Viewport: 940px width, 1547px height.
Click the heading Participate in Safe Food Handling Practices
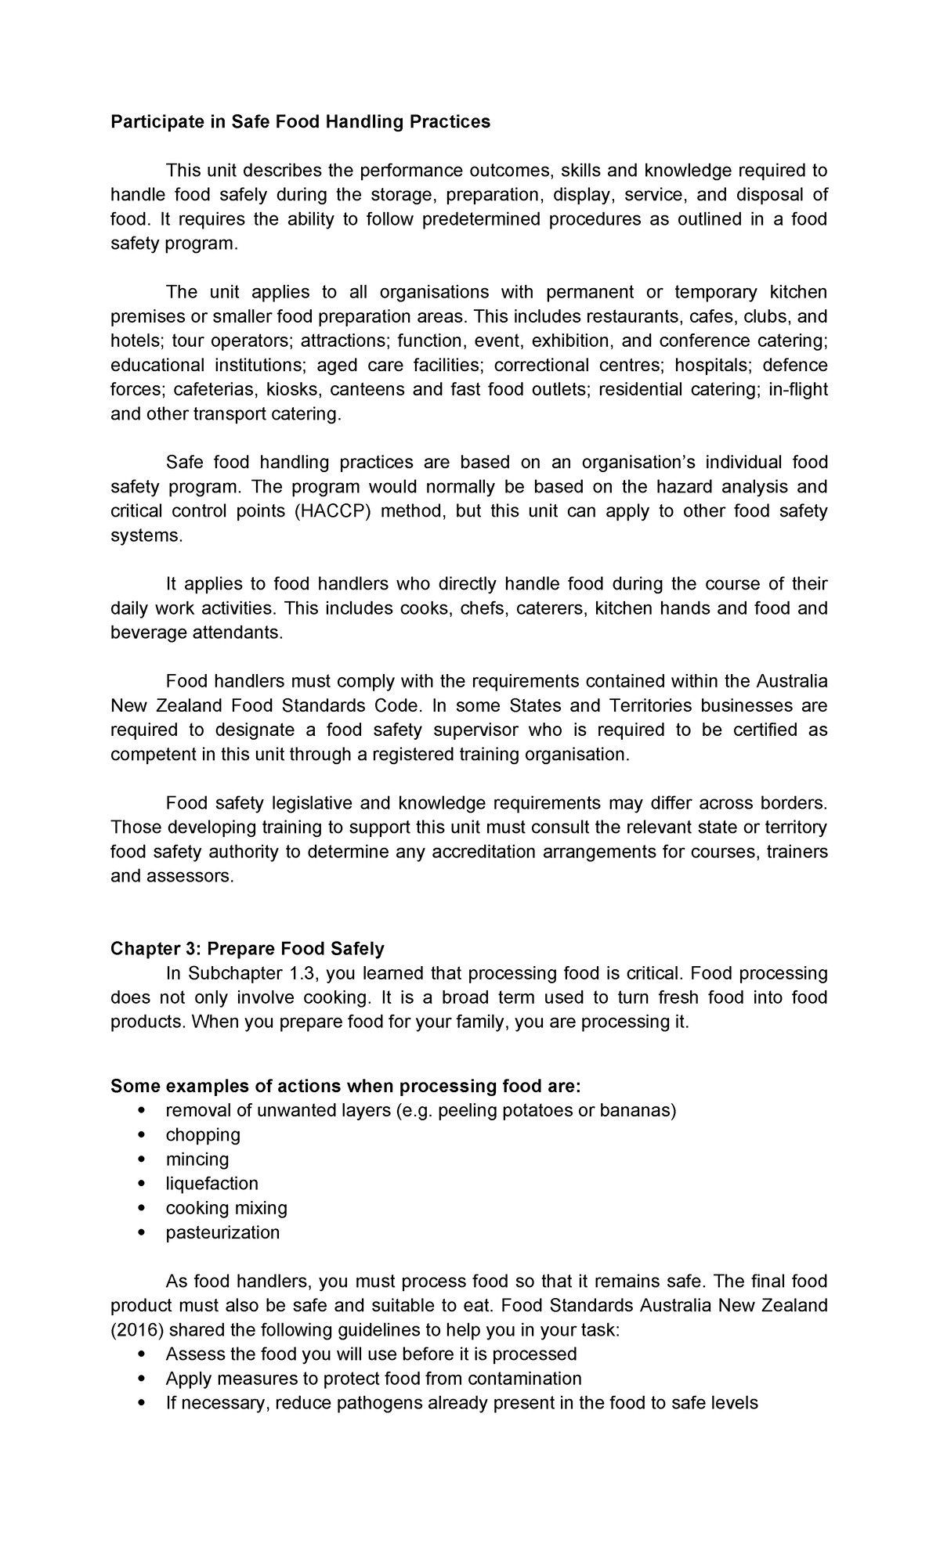click(300, 121)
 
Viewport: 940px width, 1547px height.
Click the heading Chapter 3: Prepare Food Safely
click(248, 949)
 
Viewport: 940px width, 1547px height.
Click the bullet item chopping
click(203, 1134)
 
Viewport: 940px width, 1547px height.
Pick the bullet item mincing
click(197, 1159)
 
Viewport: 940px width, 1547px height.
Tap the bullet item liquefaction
click(211, 1183)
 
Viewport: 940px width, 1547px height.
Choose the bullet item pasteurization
click(222, 1231)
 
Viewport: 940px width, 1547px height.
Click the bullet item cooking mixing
click(226, 1207)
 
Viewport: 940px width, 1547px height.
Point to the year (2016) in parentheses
click(136, 1329)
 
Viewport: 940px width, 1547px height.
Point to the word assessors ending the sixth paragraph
click(191, 876)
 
